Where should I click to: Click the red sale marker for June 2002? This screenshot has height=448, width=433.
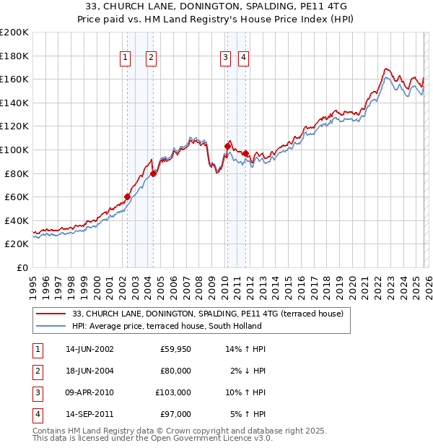pyautogui.click(x=127, y=197)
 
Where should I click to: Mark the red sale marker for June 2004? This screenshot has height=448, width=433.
pyautogui.click(x=153, y=173)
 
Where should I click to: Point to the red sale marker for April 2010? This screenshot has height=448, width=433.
pyautogui.click(x=227, y=146)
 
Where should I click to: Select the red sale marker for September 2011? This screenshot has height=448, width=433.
pyautogui.click(x=245, y=153)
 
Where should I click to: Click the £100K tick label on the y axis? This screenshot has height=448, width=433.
pyautogui.click(x=14, y=150)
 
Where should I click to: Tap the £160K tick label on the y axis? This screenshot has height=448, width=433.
pyautogui.click(x=14, y=79)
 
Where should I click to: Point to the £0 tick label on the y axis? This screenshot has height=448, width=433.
pyautogui.click(x=22, y=267)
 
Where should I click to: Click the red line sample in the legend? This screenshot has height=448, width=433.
pyautogui.click(x=51, y=314)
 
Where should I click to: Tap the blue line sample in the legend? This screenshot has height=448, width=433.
pyautogui.click(x=51, y=325)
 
